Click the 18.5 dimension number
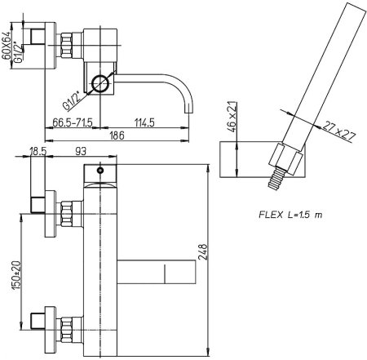point(37,152)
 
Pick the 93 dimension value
point(80,152)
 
